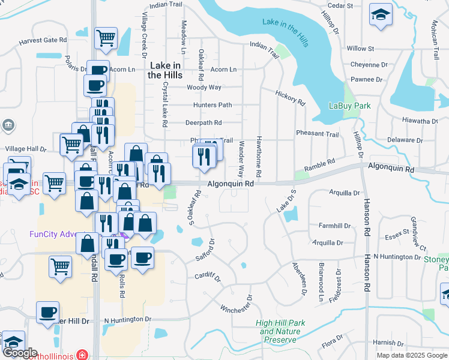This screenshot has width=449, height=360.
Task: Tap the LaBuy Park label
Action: click(350, 106)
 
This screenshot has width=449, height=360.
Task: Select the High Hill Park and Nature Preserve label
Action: click(280, 331)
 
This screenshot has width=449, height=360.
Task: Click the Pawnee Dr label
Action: click(367, 79)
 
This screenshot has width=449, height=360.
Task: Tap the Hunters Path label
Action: click(212, 105)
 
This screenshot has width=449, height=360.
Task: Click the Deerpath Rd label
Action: click(203, 122)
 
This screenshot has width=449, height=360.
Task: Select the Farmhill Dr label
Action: click(334, 226)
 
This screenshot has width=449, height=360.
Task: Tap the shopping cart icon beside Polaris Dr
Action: click(106, 38)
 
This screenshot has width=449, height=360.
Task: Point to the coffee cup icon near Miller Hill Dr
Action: click(47, 313)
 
